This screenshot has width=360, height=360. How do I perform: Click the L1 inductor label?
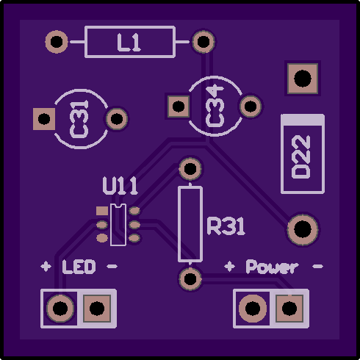pyautogui.click(x=129, y=43)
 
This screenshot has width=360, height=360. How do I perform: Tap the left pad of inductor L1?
pyautogui.click(x=57, y=42)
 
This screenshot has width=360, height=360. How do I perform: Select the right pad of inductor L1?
pyautogui.click(x=204, y=42)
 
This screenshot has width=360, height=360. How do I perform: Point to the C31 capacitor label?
pyautogui.click(x=79, y=119)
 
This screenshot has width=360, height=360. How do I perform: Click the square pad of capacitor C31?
pyautogui.click(x=44, y=119)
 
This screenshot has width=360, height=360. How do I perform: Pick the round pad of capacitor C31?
pyautogui.click(x=117, y=119)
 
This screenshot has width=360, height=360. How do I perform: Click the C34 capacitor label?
pyautogui.click(x=215, y=107)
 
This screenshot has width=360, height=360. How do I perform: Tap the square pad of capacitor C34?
pyautogui.click(x=179, y=107)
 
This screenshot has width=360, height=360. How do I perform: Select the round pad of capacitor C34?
pyautogui.click(x=251, y=107)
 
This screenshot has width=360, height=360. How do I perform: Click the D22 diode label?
pyautogui.click(x=301, y=156)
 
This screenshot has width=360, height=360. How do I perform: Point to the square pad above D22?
pyautogui.click(x=303, y=79)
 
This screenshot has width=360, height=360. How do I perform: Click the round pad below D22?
pyautogui.click(x=303, y=229)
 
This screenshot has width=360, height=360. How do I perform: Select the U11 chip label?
pyautogui.click(x=120, y=186)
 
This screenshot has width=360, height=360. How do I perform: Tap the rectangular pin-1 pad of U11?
pyautogui.click(x=102, y=211)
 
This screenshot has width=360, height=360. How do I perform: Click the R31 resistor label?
pyautogui.click(x=226, y=226)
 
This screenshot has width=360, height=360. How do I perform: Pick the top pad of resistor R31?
pyautogui.click(x=190, y=168)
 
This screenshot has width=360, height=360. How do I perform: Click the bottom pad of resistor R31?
pyautogui.click(x=190, y=278)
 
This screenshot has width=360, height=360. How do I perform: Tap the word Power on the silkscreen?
pyautogui.click(x=272, y=267)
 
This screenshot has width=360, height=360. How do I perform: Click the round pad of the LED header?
pyautogui.click(x=60, y=309)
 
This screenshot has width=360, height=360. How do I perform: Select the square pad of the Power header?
pyautogui.click(x=289, y=309)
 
